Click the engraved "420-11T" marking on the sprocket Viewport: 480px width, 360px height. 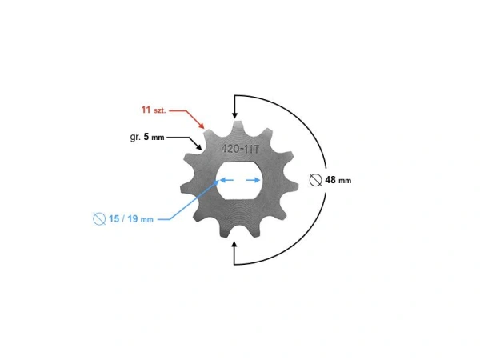pyautogui.click(x=240, y=149)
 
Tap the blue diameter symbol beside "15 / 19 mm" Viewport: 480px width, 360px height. pyautogui.click(x=99, y=218)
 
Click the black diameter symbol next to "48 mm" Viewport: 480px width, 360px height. pyautogui.click(x=315, y=180)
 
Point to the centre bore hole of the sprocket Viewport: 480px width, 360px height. pyautogui.click(x=240, y=181)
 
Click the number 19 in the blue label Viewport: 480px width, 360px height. pyautogui.click(x=135, y=218)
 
